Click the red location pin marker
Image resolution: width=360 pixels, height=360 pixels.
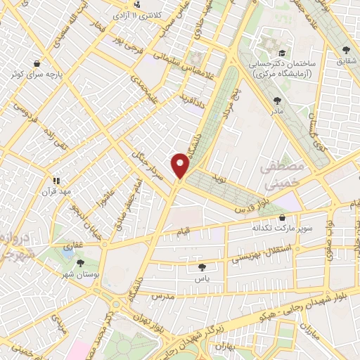pos(181,165)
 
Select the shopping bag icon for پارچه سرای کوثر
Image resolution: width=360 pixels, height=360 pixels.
pos(46,63)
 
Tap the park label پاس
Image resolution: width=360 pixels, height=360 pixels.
pos(202,278)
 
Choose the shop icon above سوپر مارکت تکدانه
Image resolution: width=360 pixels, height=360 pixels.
pos(283,217)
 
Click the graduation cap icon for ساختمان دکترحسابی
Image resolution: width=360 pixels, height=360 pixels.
pos(282,53)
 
